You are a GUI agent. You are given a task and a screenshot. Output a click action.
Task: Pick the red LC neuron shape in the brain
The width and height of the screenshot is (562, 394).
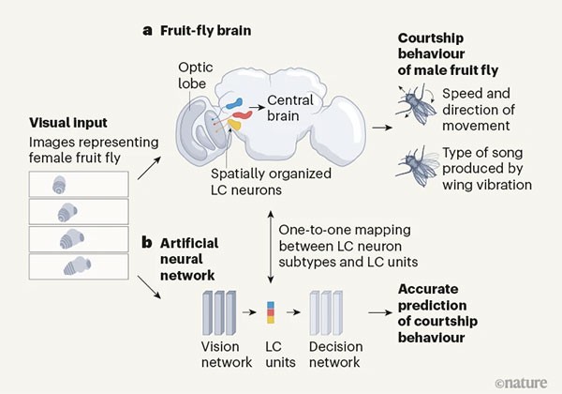(x=229, y=112)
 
